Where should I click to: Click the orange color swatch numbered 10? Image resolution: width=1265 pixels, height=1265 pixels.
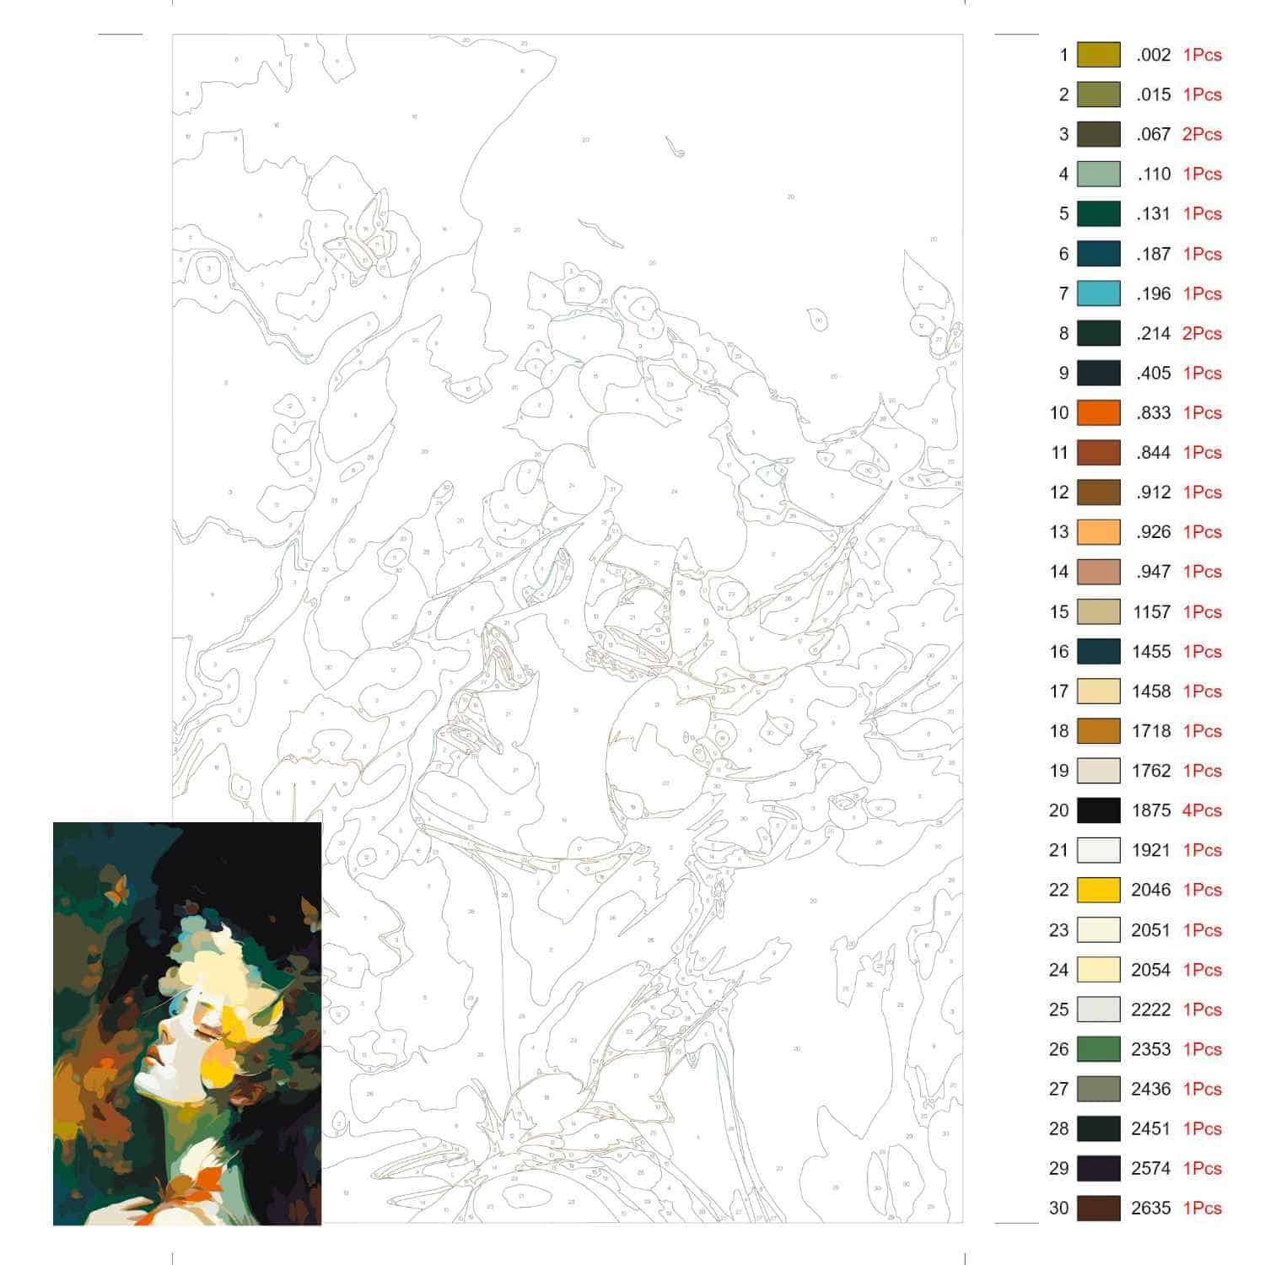[x=1098, y=413]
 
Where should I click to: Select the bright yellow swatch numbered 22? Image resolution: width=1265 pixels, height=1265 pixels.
[x=1098, y=890]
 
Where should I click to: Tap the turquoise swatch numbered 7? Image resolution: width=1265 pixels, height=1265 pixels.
[x=1098, y=293]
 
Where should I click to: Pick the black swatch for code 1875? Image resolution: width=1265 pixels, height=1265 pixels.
[x=1098, y=810]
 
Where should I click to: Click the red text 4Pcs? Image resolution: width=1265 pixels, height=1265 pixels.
[x=1202, y=810]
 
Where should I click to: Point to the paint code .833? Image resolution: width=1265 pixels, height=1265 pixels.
[x=1153, y=413]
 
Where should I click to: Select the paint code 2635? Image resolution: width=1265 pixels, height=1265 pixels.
[x=1151, y=1208]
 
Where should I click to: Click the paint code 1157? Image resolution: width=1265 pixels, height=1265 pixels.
[x=1151, y=612]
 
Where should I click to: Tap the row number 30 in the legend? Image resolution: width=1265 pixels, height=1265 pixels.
[x=1058, y=1208]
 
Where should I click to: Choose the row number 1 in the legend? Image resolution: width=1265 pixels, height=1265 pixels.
[x=1063, y=55]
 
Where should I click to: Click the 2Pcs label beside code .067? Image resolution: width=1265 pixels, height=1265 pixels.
[x=1202, y=134]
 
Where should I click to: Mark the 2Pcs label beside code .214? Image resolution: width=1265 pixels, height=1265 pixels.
[x=1202, y=333]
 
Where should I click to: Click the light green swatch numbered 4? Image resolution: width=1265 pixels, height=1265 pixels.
[x=1098, y=175]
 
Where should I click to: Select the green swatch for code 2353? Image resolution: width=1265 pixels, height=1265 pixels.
[x=1098, y=1049]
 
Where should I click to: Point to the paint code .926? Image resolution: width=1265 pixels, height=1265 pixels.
[x=1153, y=532]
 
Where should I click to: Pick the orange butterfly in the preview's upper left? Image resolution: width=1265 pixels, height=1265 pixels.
[x=117, y=888]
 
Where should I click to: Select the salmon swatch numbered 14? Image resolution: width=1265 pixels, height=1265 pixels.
[x=1098, y=572]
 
